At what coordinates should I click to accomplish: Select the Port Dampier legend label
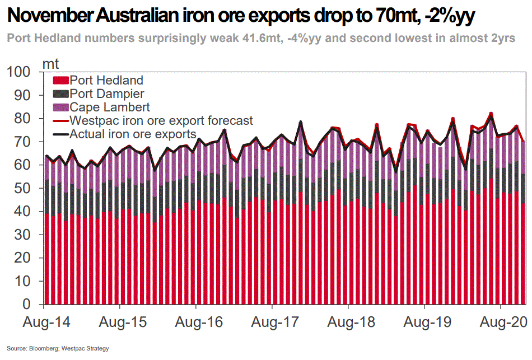click(x=107, y=94)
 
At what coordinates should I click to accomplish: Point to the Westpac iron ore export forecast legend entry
click(x=161, y=120)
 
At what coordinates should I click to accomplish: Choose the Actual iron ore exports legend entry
click(x=133, y=134)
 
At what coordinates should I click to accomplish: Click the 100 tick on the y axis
click(x=21, y=72)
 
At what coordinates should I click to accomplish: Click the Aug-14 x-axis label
click(x=43, y=323)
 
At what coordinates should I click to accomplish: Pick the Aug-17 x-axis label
click(x=272, y=323)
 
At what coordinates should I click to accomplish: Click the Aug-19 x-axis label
click(x=424, y=323)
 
